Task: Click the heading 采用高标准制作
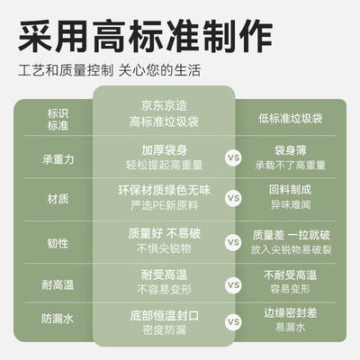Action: pyautogui.click(x=145, y=36)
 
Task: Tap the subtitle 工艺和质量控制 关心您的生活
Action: pyautogui.click(x=109, y=71)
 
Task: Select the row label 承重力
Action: pyautogui.click(x=58, y=159)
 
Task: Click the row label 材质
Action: pyautogui.click(x=58, y=199)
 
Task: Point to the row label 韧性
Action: pyautogui.click(x=58, y=243)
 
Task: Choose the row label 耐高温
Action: pyautogui.click(x=58, y=284)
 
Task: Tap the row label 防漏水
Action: pyautogui.click(x=58, y=319)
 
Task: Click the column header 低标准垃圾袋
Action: pyautogui.click(x=291, y=119)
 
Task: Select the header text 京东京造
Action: pyautogui.click(x=164, y=105)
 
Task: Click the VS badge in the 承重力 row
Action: pyautogui.click(x=233, y=157)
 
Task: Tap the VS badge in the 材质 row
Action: pyautogui.click(x=233, y=198)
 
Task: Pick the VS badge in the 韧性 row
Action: pyautogui.click(x=233, y=242)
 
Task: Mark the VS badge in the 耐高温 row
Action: pyautogui.click(x=233, y=285)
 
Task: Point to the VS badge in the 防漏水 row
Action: pyautogui.click(x=233, y=322)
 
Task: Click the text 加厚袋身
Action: pyautogui.click(x=164, y=150)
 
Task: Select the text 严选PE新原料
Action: pyautogui.click(x=164, y=205)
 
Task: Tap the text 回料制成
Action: pyautogui.click(x=291, y=190)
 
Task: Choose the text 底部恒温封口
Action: pyautogui.click(x=164, y=316)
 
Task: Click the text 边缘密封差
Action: pyautogui.click(x=291, y=313)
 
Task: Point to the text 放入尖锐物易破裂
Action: pyautogui.click(x=291, y=249)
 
